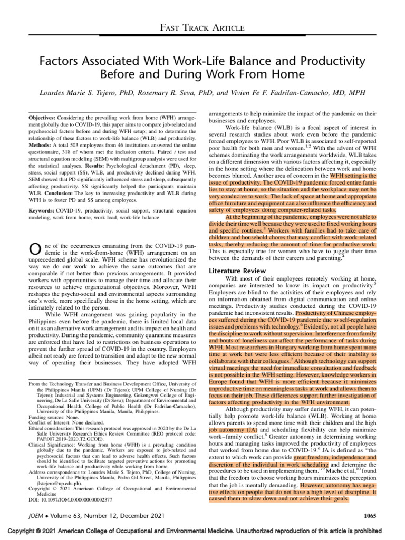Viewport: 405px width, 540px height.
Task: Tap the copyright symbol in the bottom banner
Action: tap(41, 532)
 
